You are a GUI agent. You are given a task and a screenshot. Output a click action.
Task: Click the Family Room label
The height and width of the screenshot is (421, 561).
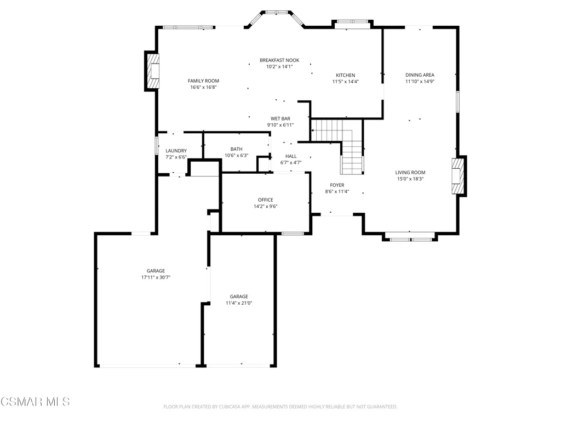[203, 81]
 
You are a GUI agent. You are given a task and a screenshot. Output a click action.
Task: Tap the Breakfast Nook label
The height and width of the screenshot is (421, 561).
[279, 60]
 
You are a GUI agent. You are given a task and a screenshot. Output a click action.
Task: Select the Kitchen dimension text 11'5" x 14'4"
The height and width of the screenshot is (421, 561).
[345, 82]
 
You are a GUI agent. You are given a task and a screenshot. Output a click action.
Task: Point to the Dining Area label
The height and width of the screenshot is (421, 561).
[420, 75]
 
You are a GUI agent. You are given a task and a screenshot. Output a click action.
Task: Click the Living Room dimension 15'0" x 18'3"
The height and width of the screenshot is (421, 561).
[410, 179]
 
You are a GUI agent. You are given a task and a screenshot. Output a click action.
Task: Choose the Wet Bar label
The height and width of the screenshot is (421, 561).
[280, 118]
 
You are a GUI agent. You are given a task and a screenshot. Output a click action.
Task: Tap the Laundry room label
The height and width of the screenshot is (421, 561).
[176, 151]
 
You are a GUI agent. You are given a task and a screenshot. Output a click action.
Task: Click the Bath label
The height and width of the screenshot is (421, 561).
[236, 149]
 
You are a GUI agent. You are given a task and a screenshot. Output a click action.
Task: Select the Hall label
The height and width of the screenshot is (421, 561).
[291, 156]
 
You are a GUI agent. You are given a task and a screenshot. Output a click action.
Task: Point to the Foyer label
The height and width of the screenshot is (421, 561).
[337, 185]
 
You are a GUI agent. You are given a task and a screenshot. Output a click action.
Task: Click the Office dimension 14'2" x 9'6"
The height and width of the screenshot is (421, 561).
[266, 206]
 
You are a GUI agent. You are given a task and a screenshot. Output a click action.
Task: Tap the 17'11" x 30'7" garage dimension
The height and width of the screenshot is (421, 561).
[156, 277]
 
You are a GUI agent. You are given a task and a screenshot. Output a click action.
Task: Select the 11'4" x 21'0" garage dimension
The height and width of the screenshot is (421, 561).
[239, 303]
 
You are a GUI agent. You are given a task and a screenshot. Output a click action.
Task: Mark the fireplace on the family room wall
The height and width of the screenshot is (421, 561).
[152, 71]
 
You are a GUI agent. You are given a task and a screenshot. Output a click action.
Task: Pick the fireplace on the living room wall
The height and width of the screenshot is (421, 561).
[459, 176]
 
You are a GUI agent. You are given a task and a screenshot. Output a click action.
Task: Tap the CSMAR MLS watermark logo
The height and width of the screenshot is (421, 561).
[35, 402]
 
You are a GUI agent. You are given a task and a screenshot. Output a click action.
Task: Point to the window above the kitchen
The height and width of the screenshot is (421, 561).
[353, 22]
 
